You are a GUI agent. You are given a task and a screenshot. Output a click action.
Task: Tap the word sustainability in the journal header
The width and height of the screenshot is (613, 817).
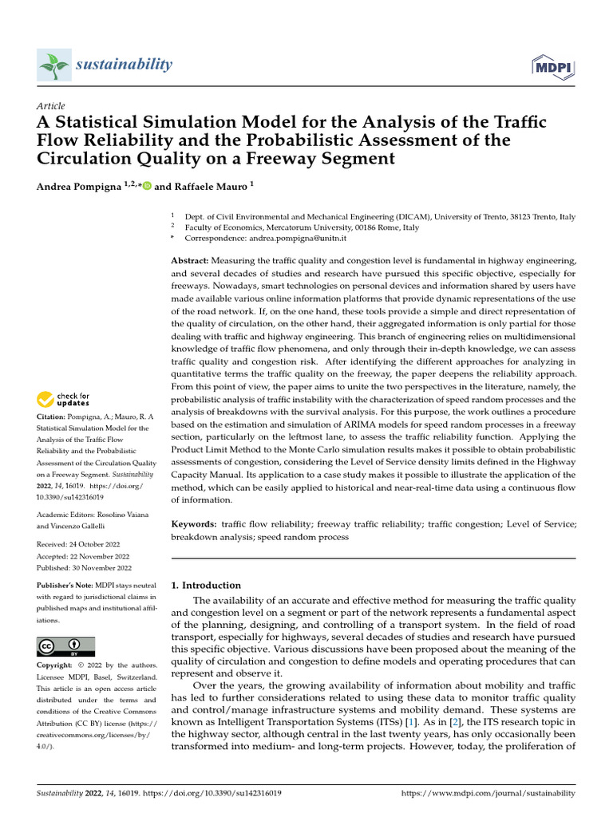[x=124, y=64]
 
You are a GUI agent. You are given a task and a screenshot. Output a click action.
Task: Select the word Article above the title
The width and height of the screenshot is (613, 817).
[x=51, y=106]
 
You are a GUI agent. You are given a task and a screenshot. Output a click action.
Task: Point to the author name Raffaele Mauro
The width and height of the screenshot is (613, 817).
[x=206, y=186]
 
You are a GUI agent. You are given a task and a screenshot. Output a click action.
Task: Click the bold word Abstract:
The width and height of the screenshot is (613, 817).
[x=190, y=261]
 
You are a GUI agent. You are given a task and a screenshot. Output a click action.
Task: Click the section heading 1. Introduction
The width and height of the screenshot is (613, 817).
[x=206, y=585]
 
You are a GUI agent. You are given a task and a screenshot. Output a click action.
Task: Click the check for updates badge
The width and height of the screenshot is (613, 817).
[x=64, y=400]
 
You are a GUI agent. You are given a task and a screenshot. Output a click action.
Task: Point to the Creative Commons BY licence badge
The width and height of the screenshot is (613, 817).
[x=66, y=646]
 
